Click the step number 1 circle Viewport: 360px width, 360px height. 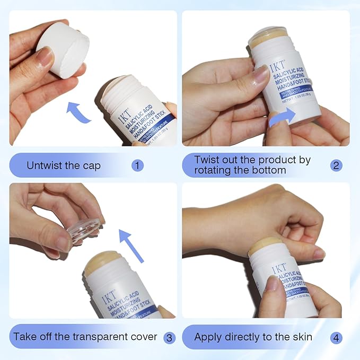(x=138, y=165)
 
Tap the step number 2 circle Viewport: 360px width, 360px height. (x=336, y=165)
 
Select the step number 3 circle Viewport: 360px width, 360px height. (x=169, y=337)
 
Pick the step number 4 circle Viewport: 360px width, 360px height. (x=336, y=337)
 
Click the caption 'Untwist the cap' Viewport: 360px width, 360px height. (x=64, y=165)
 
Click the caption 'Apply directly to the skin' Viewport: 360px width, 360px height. (x=253, y=337)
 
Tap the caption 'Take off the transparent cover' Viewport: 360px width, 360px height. (x=85, y=337)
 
